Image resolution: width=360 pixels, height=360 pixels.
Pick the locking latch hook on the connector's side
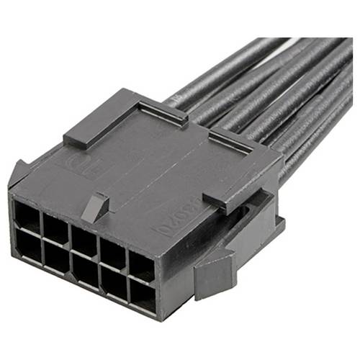pos(216,270)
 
